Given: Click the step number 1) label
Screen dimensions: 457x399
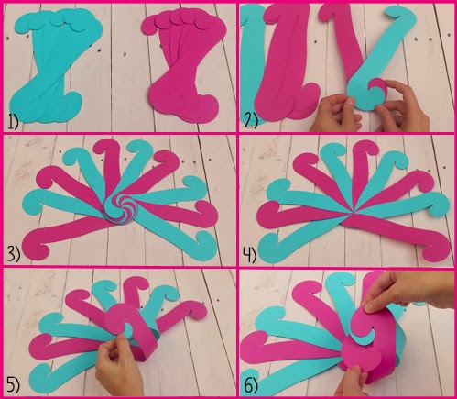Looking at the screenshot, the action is tap(13, 123).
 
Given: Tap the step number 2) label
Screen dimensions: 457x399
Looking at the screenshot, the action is tap(251, 121).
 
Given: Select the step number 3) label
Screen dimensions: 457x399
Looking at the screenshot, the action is tap(13, 254).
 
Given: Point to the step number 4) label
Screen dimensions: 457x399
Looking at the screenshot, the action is tap(249, 255).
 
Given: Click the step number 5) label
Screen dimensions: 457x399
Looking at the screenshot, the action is tap(13, 385).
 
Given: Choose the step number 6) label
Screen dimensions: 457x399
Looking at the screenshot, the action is tap(251, 386).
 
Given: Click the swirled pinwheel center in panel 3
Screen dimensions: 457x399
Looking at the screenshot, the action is tap(120, 209).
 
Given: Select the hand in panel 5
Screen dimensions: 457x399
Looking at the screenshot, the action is tap(120, 365).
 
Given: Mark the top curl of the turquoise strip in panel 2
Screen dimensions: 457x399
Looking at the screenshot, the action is tap(400, 16).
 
